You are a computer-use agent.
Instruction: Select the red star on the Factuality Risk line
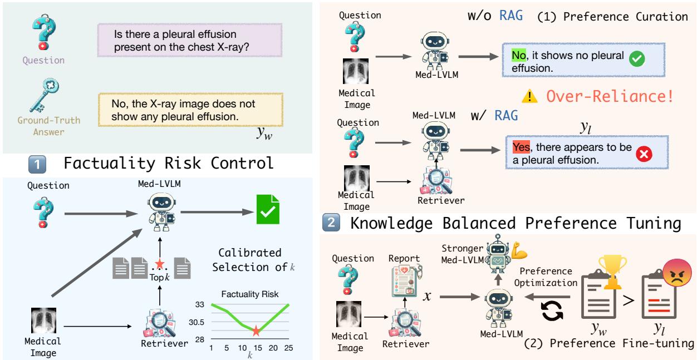click(256, 331)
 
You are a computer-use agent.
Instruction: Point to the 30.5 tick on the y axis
click(198, 322)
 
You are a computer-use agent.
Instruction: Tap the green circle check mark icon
click(636, 62)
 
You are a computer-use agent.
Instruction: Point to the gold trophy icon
click(611, 271)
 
